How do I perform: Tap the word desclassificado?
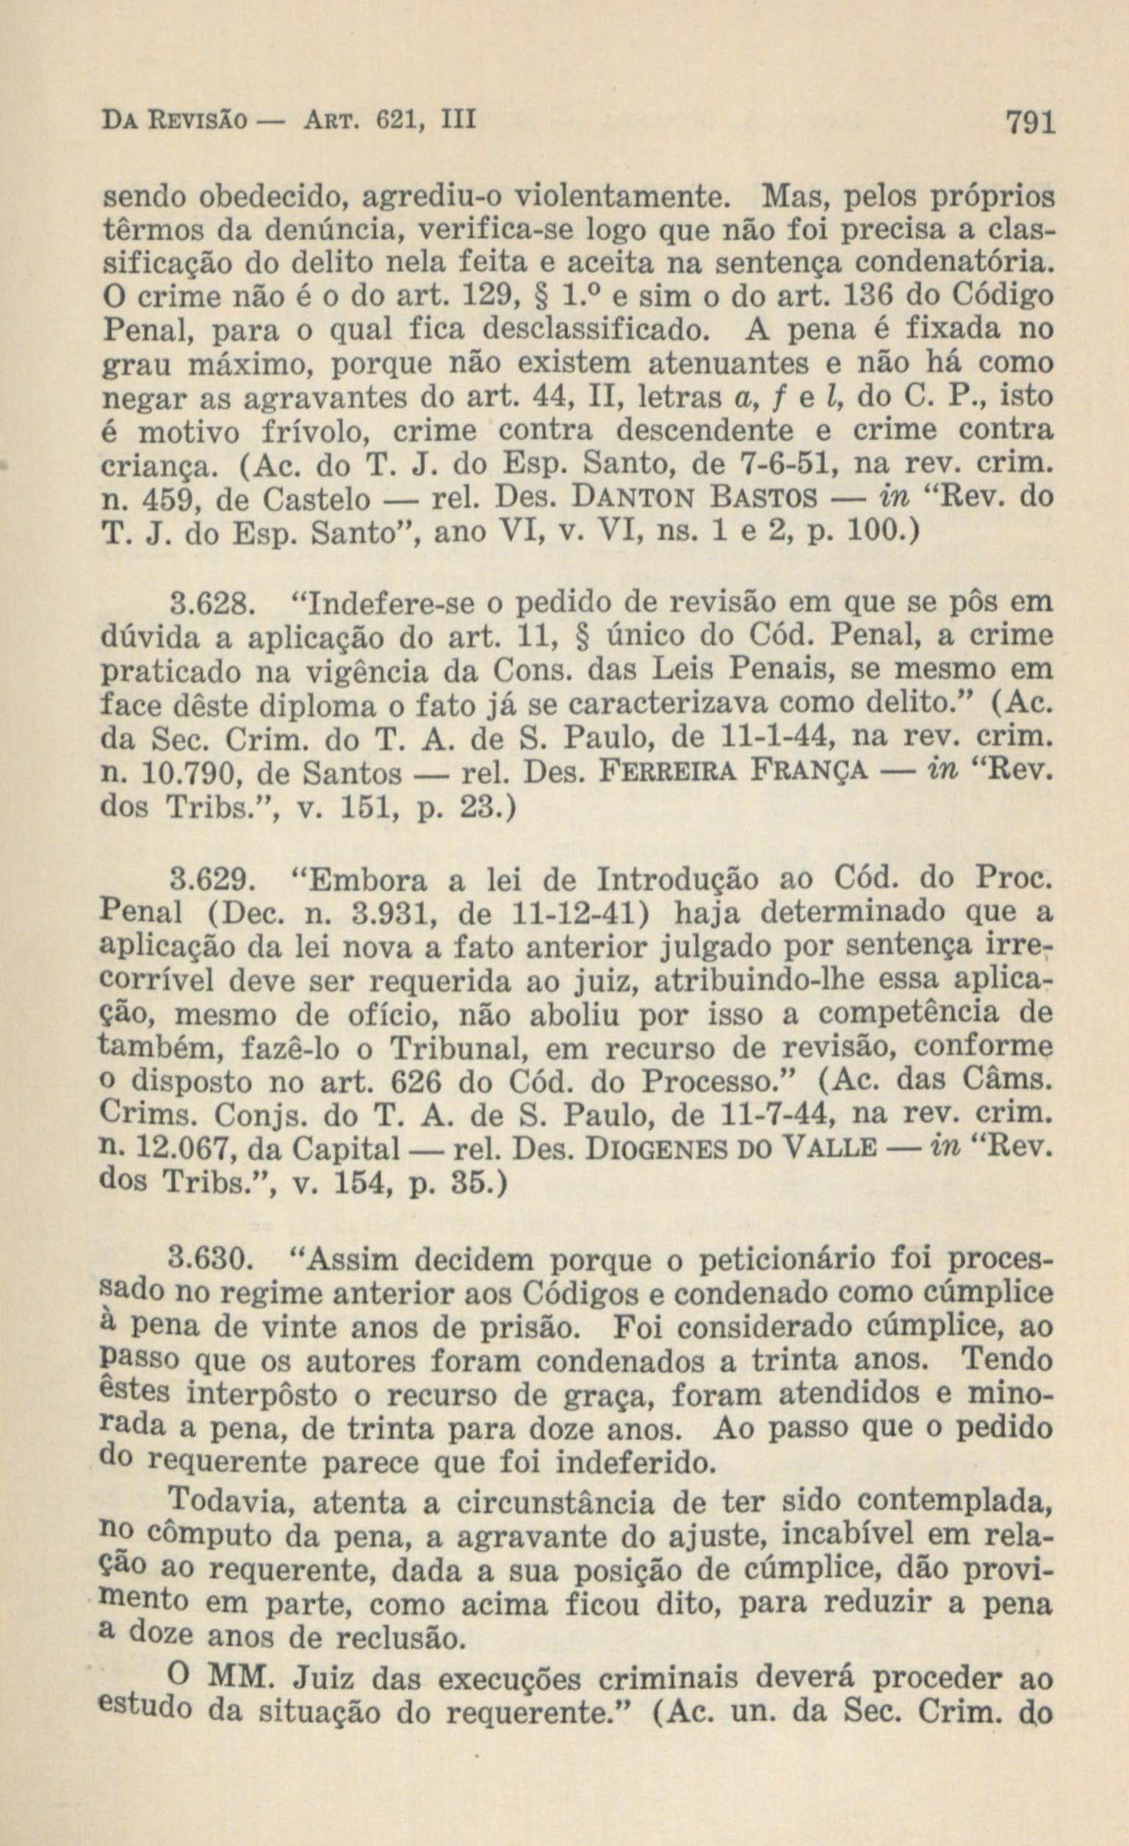coord(596,329)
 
